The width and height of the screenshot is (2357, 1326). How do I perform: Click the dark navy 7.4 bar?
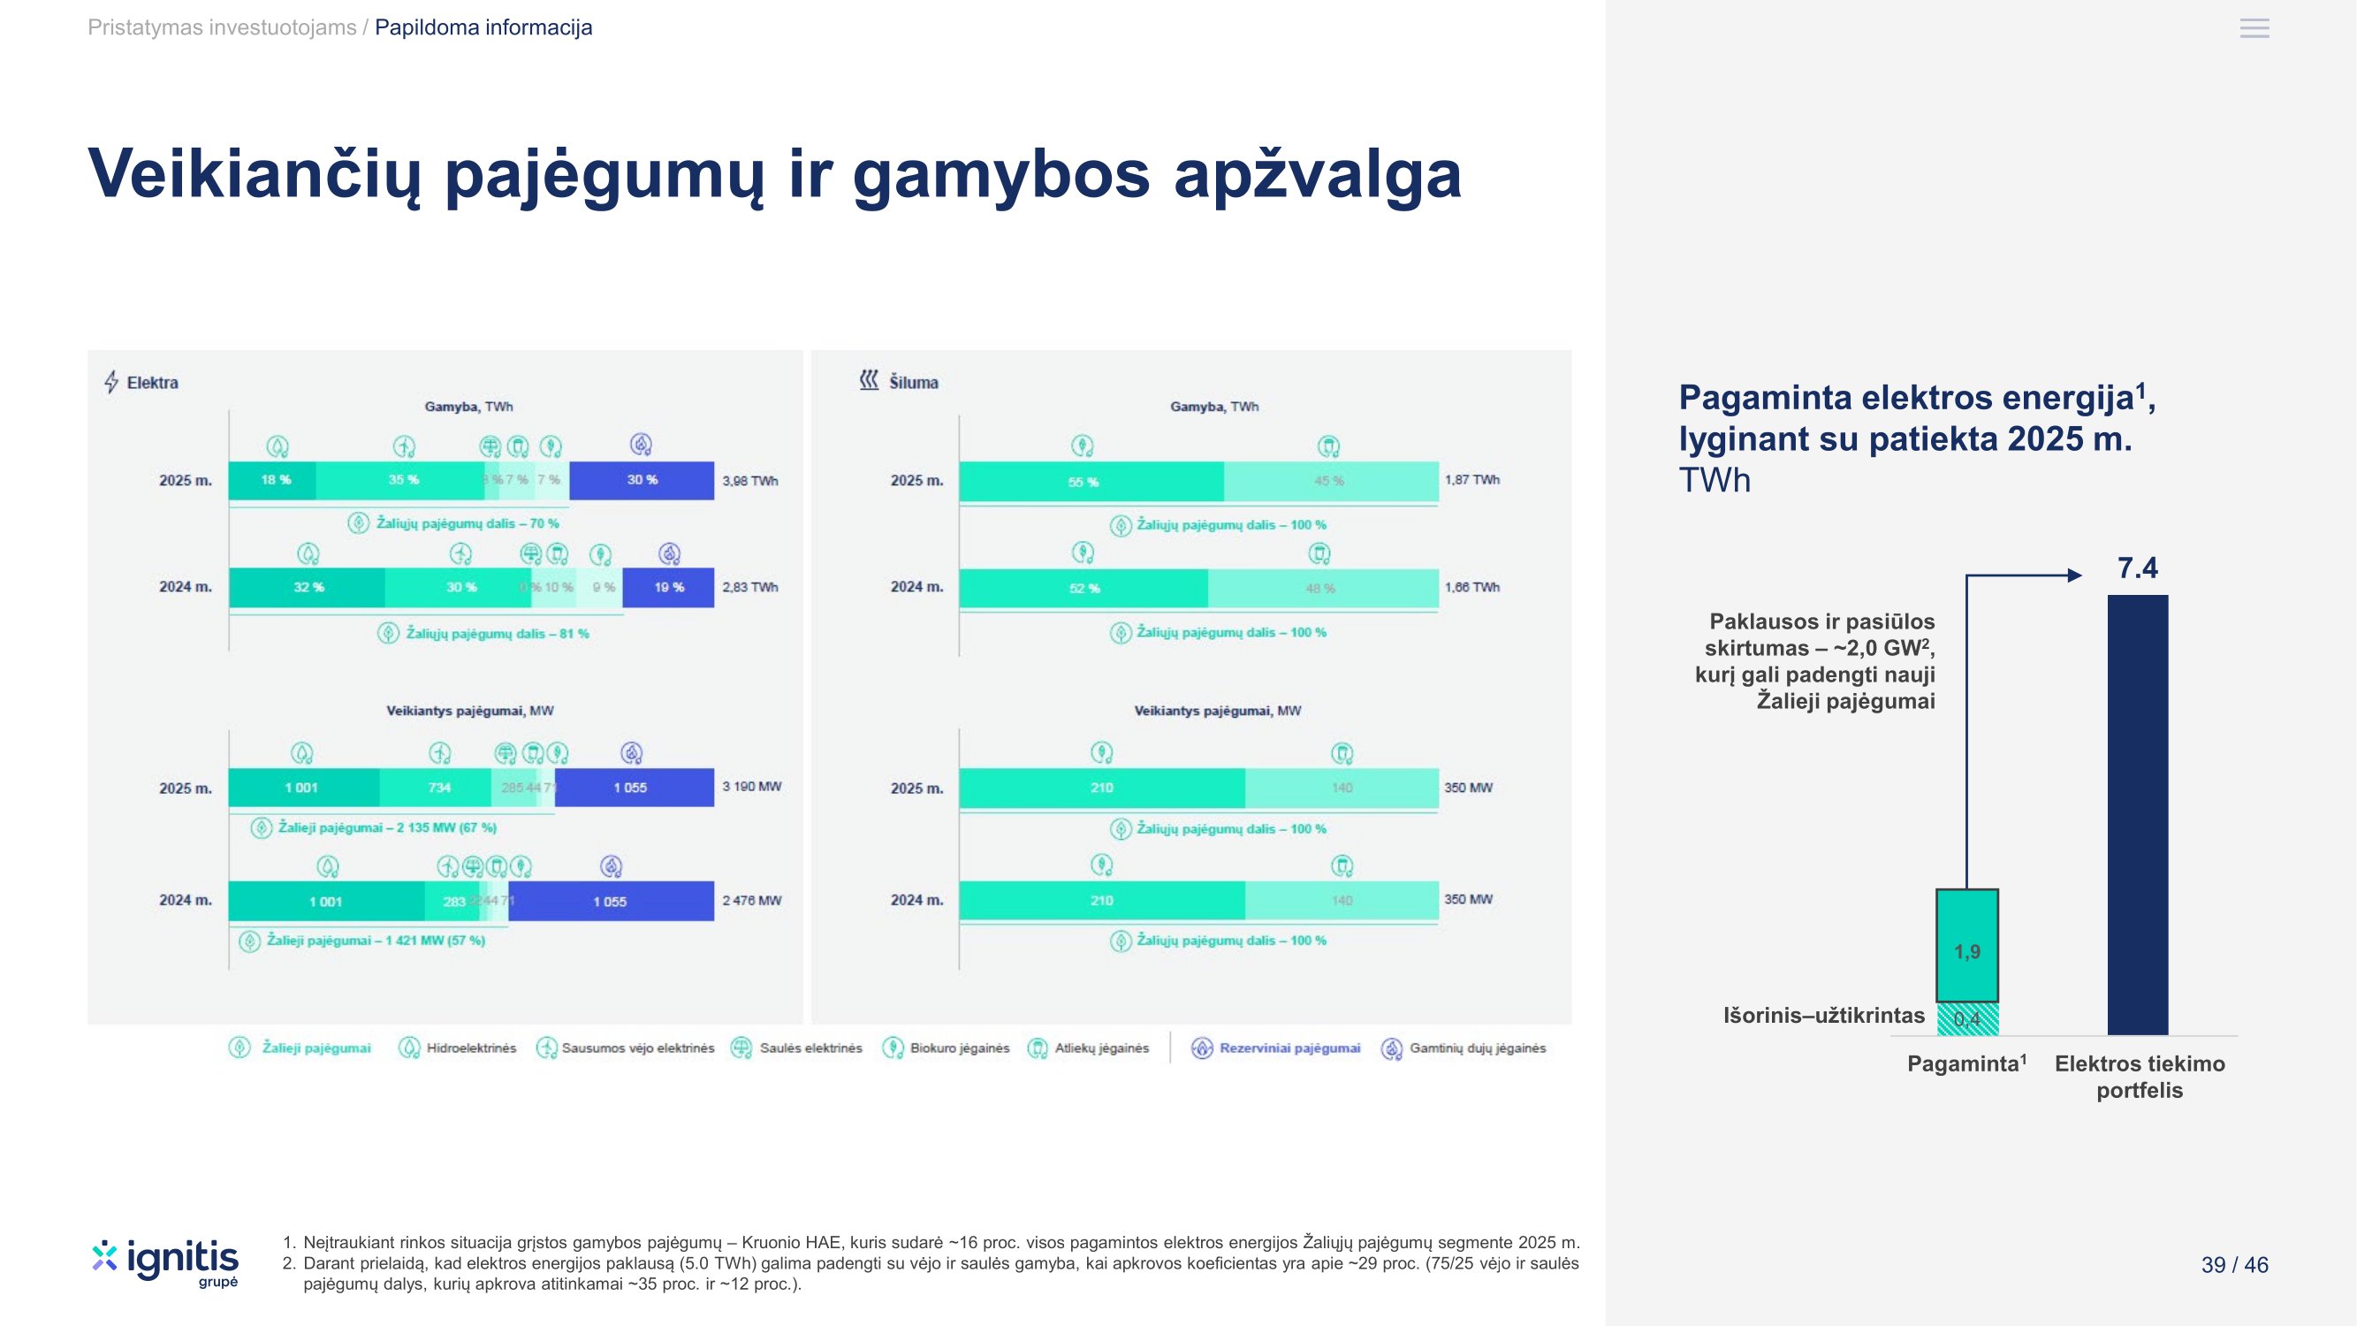(x=2138, y=814)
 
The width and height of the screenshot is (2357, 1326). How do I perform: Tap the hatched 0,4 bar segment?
(x=1967, y=1018)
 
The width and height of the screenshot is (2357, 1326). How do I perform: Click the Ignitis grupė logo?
(x=165, y=1262)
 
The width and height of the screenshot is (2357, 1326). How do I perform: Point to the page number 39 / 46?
(x=2234, y=1265)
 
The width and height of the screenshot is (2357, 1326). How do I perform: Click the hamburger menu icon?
(x=2254, y=28)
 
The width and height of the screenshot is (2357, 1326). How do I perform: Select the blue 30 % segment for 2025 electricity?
(x=642, y=480)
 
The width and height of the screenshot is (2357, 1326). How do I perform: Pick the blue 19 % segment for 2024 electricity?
(x=668, y=588)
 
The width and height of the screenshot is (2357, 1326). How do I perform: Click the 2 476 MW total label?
(x=751, y=901)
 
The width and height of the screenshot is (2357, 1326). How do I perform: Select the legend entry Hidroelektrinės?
(x=470, y=1048)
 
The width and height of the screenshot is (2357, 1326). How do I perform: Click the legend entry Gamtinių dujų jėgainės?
(x=1476, y=1048)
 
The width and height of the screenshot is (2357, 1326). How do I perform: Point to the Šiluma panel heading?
(x=912, y=383)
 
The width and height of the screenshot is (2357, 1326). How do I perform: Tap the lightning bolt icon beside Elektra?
(x=111, y=382)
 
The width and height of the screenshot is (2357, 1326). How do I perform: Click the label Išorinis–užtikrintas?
(x=1823, y=1016)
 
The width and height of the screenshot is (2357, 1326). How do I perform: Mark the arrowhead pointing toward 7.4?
(x=2074, y=575)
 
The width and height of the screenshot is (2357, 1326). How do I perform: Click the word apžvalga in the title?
(x=1318, y=174)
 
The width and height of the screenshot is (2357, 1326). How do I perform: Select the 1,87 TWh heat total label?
(x=1471, y=479)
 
